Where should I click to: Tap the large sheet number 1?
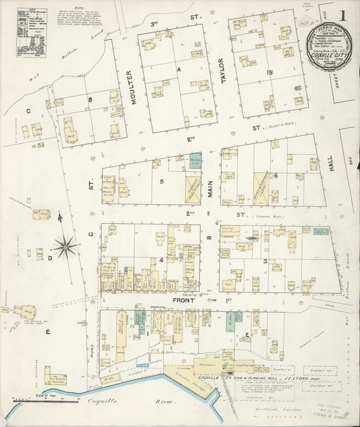point(344,16)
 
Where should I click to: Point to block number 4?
point(161,260)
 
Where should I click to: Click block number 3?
point(265,260)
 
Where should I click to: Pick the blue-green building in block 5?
point(195,161)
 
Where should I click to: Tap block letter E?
point(47,332)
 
